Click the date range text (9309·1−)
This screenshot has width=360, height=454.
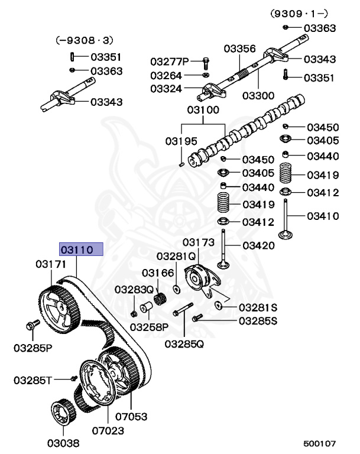point(299,12)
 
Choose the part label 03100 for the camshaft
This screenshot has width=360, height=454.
point(203,109)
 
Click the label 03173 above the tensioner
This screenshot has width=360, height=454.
point(198,242)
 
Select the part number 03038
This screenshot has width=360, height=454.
point(63,442)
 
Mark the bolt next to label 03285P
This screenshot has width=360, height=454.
point(33,325)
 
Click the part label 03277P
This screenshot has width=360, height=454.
point(168,61)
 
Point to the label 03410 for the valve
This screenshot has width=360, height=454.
point(323,216)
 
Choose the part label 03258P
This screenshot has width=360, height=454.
point(150,326)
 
